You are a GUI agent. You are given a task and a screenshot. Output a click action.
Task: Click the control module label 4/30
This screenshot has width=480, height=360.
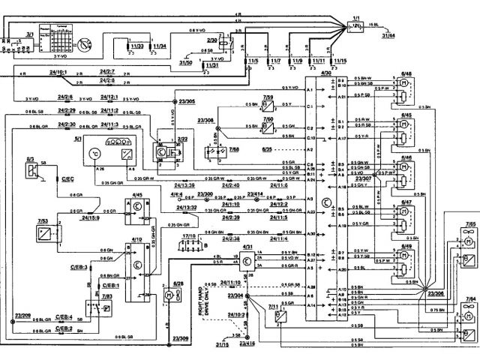[325, 71]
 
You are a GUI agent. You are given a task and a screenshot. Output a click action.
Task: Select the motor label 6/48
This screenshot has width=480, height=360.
[407, 73]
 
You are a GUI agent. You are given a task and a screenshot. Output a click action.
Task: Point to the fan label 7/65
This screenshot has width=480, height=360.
[469, 224]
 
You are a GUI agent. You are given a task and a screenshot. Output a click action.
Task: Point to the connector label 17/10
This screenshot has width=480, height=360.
[188, 236]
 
